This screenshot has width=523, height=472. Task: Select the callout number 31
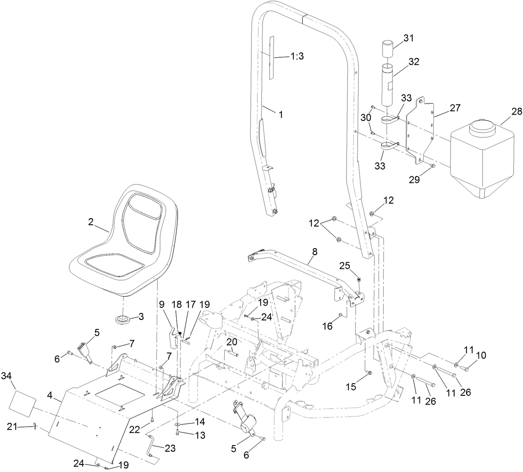(x=408, y=38)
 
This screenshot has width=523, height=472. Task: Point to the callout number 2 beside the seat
(x=91, y=222)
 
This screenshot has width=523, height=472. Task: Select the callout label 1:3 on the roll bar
(x=298, y=56)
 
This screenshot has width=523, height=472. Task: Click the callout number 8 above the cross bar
(x=314, y=252)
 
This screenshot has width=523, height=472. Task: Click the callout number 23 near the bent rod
(x=170, y=448)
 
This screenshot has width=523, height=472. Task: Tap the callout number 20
(x=232, y=342)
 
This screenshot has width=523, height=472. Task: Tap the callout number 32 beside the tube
(x=413, y=62)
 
